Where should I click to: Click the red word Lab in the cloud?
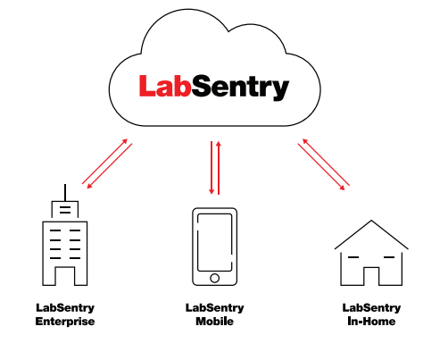[164, 86]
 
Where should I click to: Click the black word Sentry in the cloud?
[240, 88]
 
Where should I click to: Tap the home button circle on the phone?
[214, 278]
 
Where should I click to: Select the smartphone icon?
[214, 247]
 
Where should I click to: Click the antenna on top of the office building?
[65, 193]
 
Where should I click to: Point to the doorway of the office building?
[64, 276]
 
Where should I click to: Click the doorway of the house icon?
[371, 276]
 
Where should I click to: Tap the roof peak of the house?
[371, 221]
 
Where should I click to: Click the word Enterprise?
[65, 322]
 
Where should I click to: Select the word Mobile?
[214, 322]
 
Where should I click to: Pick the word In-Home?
[371, 322]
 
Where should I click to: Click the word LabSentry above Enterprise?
[65, 308]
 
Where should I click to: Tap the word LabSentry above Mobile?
[214, 308]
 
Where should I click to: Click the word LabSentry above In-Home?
[371, 308]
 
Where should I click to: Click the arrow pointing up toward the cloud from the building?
[104, 161]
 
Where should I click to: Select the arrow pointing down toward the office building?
[109, 166]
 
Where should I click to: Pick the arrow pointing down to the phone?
[212, 168]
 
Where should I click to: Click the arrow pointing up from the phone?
[219, 168]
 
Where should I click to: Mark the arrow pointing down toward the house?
[321, 167]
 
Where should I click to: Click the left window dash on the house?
[353, 257]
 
